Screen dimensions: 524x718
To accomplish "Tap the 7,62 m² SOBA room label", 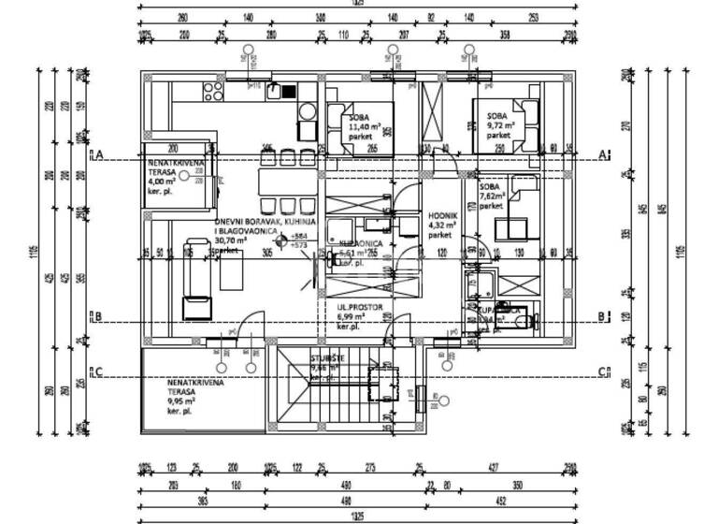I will pos(493,196).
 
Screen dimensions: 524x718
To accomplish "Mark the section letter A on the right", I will pos(604,154).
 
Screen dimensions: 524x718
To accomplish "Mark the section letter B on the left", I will pos(96,316).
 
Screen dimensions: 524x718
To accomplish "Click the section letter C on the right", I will pos(604,372).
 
